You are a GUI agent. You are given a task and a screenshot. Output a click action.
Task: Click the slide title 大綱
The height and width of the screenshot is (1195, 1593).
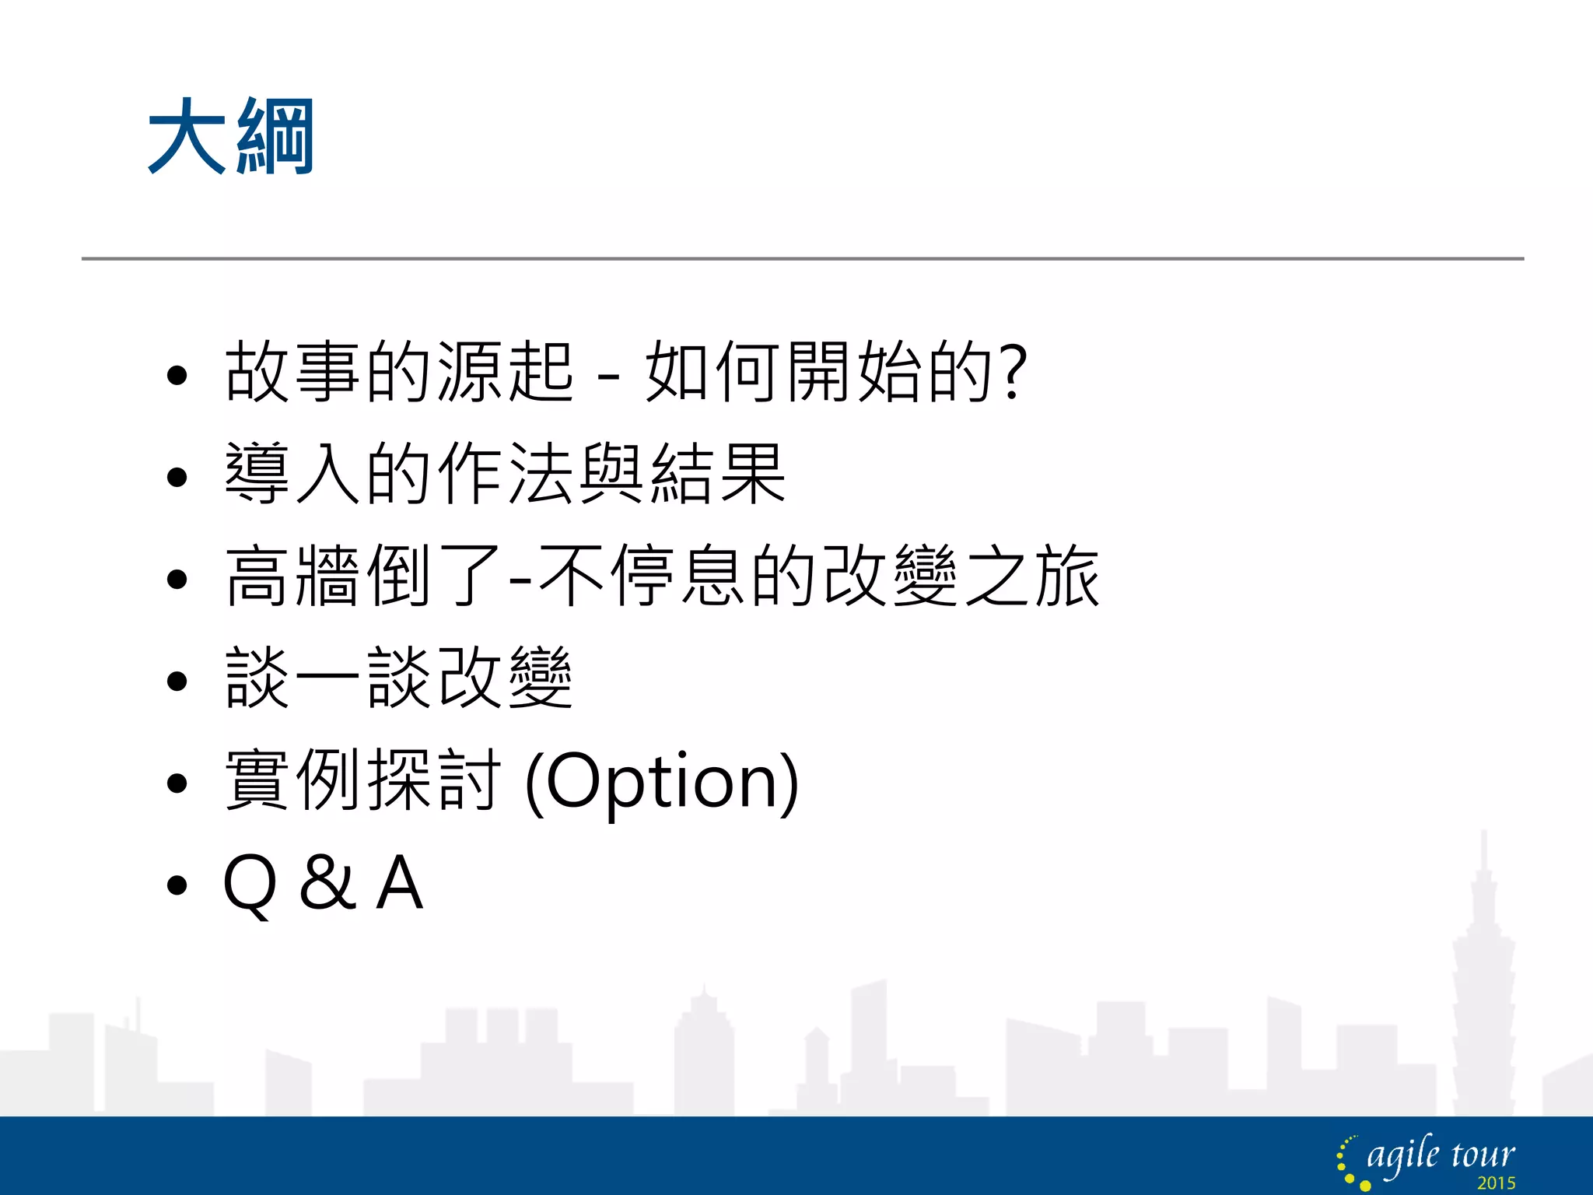coord(231,137)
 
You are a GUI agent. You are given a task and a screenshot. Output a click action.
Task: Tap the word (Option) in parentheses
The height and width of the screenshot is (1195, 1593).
coord(662,781)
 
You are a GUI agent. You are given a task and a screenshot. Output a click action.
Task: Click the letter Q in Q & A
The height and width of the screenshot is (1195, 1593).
coord(250,884)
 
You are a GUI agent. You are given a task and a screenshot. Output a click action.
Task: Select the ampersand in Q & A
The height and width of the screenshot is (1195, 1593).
coord(327,882)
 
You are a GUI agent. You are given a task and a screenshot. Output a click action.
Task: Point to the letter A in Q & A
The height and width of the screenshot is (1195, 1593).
coord(399,882)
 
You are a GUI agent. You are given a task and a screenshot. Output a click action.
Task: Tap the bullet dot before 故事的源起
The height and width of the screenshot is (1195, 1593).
coord(177,376)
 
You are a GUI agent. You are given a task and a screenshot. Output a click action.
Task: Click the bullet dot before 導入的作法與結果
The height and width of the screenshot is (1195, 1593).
coord(177,477)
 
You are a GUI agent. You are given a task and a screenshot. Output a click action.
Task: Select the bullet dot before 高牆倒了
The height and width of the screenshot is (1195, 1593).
coord(177,579)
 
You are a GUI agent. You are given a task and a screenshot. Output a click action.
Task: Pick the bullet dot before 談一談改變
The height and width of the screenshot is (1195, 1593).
coord(177,681)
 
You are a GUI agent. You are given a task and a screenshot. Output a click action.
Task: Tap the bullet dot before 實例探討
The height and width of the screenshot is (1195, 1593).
coord(177,783)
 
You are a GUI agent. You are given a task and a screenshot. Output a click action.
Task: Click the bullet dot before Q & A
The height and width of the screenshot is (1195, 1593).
coord(177,885)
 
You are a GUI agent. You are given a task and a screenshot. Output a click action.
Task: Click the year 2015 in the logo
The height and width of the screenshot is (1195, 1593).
coord(1496,1183)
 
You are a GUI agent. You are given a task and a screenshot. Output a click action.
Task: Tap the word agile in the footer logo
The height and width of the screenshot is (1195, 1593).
coord(1403,1155)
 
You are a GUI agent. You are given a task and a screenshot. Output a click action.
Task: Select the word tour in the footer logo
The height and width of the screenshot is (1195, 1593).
coord(1483,1155)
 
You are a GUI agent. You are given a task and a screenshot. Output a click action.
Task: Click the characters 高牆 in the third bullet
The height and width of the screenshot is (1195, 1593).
coord(292,576)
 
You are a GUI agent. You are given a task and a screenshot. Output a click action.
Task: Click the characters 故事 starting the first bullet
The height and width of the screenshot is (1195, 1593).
coord(292,372)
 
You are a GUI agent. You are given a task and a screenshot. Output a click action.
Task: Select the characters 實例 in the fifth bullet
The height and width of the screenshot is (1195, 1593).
coord(292,780)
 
